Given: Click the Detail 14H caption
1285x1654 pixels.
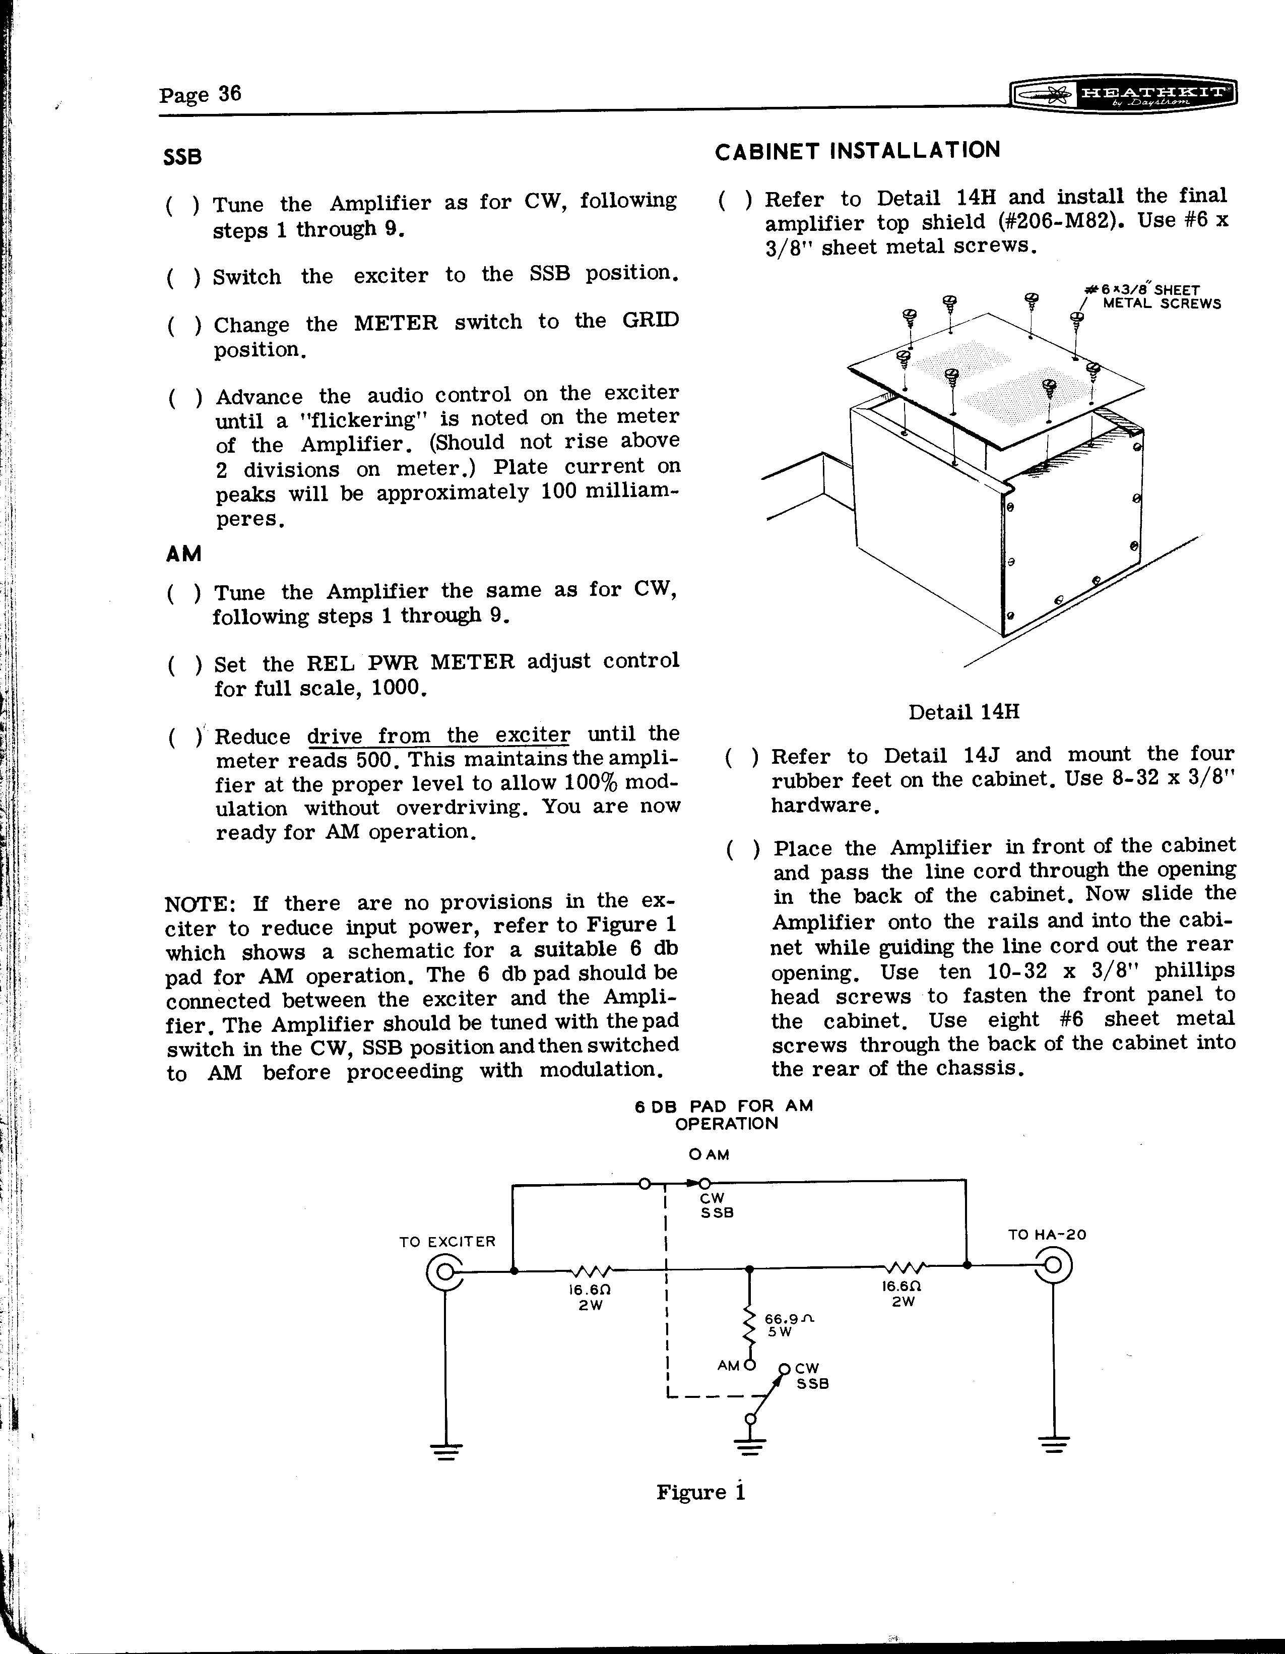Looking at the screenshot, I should tap(963, 712).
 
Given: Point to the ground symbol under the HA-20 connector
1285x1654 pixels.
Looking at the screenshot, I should tap(1053, 1443).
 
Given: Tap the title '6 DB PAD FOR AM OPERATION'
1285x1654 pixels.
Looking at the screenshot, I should tap(725, 1114).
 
